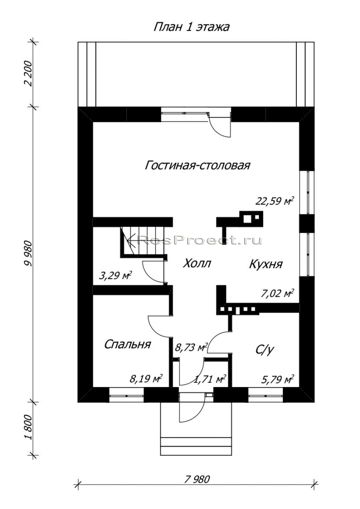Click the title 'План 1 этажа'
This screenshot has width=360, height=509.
[191, 27]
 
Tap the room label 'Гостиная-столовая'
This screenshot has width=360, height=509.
[197, 165]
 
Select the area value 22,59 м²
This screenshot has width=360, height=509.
[274, 201]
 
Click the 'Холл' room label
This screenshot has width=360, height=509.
[197, 263]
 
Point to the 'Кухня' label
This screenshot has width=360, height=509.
[266, 264]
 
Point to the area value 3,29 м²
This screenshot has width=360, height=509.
[116, 276]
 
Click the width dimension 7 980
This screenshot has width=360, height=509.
[197, 490]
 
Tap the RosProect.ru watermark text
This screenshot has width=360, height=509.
[200, 240]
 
